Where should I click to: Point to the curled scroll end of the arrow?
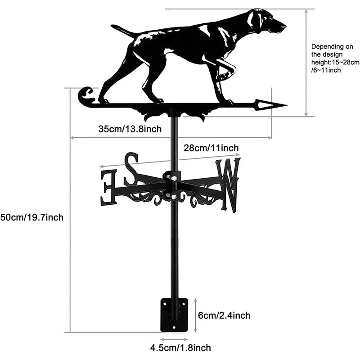[85, 96]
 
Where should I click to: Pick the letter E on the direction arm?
[108, 186]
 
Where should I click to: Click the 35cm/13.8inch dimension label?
[130, 129]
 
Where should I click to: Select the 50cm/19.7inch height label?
[32, 217]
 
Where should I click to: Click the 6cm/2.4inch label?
[224, 315]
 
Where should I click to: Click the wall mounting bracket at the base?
[174, 314]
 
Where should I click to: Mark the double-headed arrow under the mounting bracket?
[175, 340]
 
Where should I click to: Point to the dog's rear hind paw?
[104, 101]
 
